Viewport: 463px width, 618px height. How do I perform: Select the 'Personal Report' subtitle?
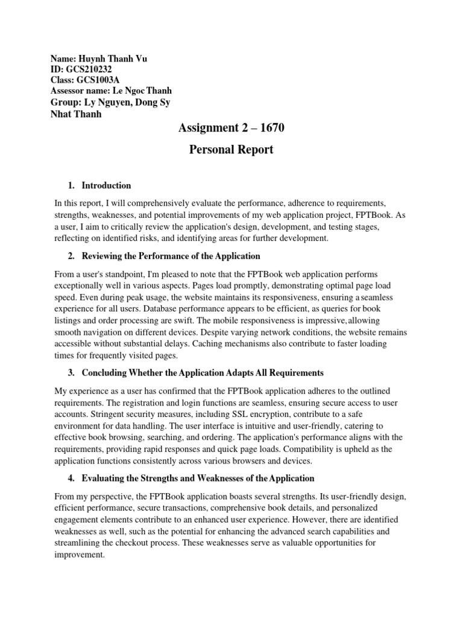(231, 150)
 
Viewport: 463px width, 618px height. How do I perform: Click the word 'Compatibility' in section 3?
(332, 449)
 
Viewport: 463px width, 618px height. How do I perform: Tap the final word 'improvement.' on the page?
(80, 555)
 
